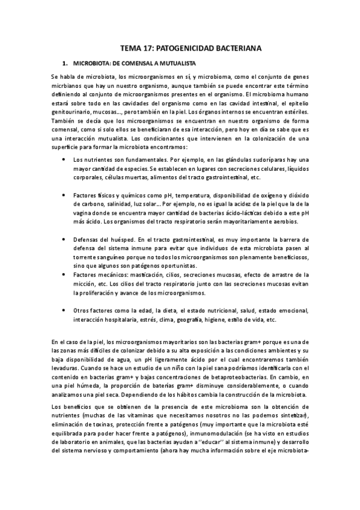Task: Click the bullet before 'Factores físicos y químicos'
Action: click(64, 195)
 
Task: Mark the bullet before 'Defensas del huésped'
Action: click(64, 239)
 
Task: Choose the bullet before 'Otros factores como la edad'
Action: click(64, 310)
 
